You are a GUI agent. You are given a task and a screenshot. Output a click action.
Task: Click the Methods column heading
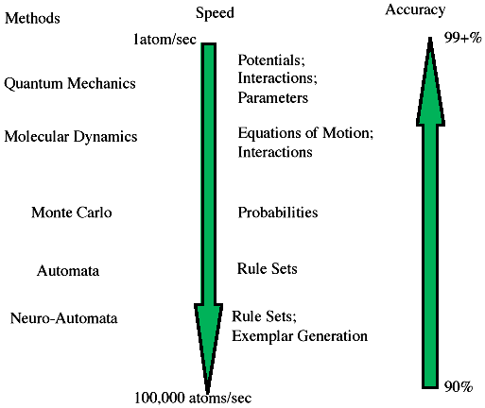(x=32, y=18)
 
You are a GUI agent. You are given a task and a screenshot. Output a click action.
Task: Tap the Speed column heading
(x=215, y=13)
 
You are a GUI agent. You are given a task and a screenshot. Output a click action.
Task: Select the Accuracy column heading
(x=415, y=10)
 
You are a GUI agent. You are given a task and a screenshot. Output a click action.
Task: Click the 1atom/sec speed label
(x=165, y=40)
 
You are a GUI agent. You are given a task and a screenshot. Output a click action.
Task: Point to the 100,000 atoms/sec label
(x=193, y=398)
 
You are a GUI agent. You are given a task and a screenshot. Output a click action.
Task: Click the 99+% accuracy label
(x=463, y=38)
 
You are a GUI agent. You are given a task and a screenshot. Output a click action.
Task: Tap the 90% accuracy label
(x=459, y=386)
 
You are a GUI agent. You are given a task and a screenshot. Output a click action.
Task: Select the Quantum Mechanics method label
(x=70, y=84)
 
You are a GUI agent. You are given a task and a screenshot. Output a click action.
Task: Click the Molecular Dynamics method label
(x=71, y=137)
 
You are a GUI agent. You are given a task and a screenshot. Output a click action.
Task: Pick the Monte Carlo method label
(x=72, y=212)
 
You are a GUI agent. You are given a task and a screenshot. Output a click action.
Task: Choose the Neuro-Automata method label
(x=63, y=318)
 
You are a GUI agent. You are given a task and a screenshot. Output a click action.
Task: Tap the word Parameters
(x=272, y=97)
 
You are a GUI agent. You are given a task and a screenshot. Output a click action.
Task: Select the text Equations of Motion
(x=303, y=133)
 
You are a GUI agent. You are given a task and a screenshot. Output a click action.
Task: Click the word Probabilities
(x=278, y=212)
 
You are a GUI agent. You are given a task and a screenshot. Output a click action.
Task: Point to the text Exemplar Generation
(x=300, y=336)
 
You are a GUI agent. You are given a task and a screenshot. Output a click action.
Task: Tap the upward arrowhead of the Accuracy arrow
(x=430, y=82)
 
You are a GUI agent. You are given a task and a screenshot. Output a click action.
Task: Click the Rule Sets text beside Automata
(x=268, y=269)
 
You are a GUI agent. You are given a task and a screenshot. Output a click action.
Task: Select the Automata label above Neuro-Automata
(x=68, y=271)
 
